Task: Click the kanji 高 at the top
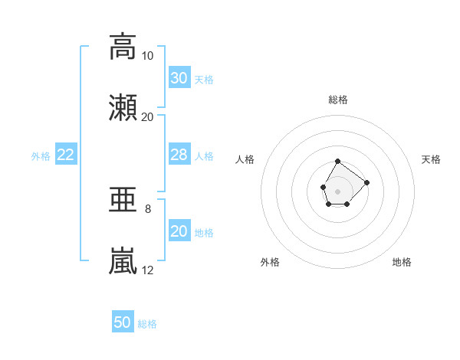[x=123, y=47]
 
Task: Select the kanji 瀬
[x=123, y=107]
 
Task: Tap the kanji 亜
[x=123, y=199]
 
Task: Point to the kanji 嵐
[x=123, y=260]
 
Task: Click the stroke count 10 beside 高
[x=147, y=56]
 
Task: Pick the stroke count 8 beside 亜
[x=148, y=209]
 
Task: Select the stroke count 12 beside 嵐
[x=147, y=270]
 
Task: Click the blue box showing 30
[x=179, y=77]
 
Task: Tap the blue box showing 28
[x=179, y=154]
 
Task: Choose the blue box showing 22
[x=66, y=154]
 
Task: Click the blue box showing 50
[x=123, y=321]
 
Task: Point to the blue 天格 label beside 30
[x=204, y=80]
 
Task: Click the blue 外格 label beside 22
[x=41, y=156]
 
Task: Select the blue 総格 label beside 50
[x=147, y=324]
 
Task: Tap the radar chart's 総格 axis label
[x=338, y=100]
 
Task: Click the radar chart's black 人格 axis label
[x=245, y=159]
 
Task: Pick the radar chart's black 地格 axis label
[x=402, y=262]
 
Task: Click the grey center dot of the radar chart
[x=337, y=191]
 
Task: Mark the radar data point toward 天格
[x=366, y=182]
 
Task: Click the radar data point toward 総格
[x=337, y=162]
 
